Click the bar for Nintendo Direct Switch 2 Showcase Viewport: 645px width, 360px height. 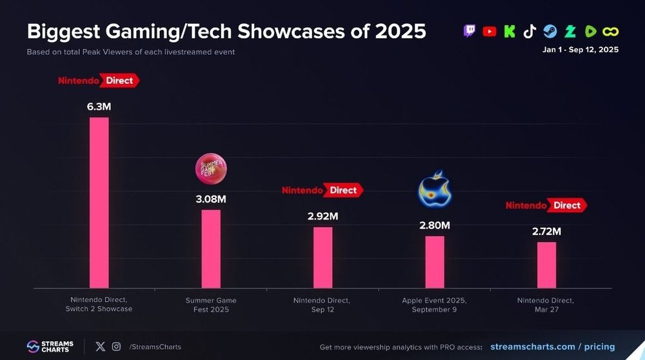(x=99, y=203)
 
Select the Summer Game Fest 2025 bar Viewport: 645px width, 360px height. (x=211, y=248)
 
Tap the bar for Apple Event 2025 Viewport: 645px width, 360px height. (x=435, y=262)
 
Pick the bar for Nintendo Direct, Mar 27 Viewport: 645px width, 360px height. (x=546, y=265)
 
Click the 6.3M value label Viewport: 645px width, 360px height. (x=99, y=106)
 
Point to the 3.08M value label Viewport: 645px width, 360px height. (x=211, y=199)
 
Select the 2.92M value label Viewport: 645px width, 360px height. (x=322, y=216)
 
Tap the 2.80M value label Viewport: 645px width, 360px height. (x=435, y=225)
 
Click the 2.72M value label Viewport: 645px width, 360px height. (x=546, y=231)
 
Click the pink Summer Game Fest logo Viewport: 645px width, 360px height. (x=211, y=169)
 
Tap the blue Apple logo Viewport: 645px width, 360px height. (x=435, y=188)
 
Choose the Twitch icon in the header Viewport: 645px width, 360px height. (x=470, y=31)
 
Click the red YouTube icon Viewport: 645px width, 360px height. (x=490, y=31)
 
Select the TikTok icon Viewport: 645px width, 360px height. (x=530, y=31)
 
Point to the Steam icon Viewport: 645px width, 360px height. (x=550, y=31)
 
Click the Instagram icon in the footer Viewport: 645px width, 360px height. (x=116, y=346)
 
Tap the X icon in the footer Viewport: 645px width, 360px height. (x=100, y=346)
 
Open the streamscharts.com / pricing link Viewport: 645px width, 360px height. (x=552, y=346)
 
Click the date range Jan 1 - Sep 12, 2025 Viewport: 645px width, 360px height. (x=580, y=50)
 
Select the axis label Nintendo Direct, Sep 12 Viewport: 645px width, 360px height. (x=322, y=305)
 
